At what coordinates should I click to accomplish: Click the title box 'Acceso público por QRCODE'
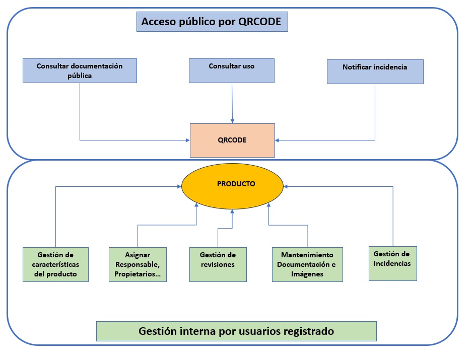(x=212, y=22)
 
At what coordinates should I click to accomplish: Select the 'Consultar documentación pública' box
(x=80, y=70)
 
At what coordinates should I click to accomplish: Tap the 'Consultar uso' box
(x=232, y=70)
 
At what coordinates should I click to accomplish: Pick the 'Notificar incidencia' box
(x=375, y=71)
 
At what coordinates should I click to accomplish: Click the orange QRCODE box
(x=232, y=140)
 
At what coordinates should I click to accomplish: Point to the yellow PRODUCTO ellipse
(x=233, y=186)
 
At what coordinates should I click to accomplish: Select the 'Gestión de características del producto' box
(x=55, y=264)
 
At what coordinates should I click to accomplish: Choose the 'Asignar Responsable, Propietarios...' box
(x=137, y=264)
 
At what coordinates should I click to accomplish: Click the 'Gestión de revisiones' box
(x=218, y=264)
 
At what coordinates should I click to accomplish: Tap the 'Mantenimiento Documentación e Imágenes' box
(x=307, y=264)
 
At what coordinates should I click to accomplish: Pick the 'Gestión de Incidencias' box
(x=393, y=263)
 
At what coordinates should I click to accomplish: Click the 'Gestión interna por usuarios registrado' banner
(x=236, y=331)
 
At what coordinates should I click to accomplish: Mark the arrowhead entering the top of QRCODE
(x=232, y=121)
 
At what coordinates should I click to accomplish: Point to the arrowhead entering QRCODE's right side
(x=278, y=140)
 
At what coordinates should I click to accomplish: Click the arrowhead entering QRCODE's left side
(x=187, y=140)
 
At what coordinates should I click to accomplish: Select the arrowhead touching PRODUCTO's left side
(x=179, y=187)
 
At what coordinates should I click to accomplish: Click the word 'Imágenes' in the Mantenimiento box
(x=307, y=274)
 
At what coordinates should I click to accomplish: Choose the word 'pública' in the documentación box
(x=80, y=76)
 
